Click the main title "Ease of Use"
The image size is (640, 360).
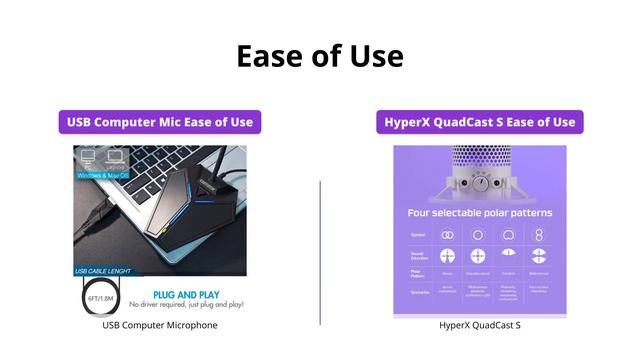[320, 56]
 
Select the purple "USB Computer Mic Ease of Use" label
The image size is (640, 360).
[160, 122]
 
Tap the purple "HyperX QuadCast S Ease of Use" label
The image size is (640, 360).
[480, 122]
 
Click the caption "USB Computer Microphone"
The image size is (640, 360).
[160, 325]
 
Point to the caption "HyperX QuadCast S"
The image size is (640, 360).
[480, 325]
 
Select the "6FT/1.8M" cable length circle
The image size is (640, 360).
[98, 298]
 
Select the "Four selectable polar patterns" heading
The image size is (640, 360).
[480, 213]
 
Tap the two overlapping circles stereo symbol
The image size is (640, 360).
[448, 234]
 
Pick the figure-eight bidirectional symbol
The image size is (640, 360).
[540, 234]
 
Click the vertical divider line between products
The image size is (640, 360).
[320, 252]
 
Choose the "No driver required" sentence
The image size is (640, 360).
[187, 304]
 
